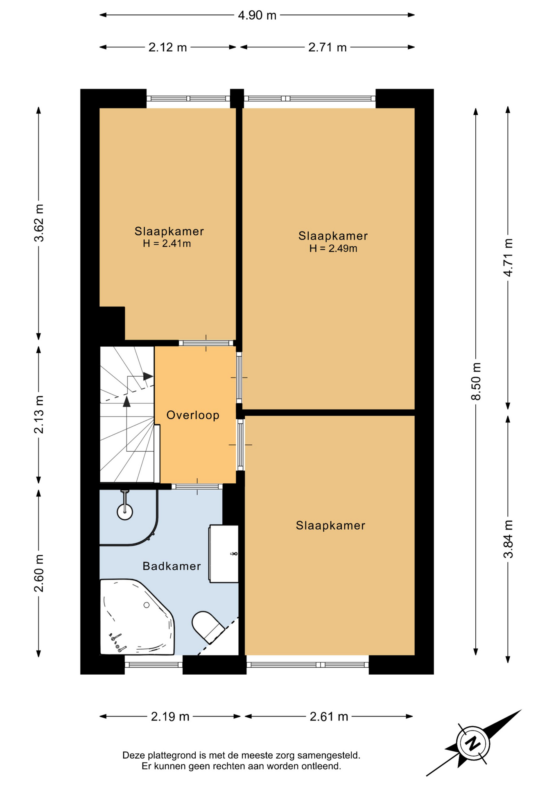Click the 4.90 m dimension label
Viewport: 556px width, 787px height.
[x=257, y=15]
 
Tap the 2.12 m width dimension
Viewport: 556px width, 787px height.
[x=167, y=47]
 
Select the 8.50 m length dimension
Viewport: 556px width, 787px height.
[x=476, y=381]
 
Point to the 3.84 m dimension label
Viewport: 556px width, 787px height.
[x=508, y=539]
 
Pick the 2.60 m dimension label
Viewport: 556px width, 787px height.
[x=39, y=573]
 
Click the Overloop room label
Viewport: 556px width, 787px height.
[x=193, y=415]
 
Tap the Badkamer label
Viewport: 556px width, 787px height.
[x=172, y=566]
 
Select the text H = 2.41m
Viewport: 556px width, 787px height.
[x=167, y=243]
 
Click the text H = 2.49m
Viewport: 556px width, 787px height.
[x=333, y=248]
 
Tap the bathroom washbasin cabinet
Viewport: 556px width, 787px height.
[x=224, y=553]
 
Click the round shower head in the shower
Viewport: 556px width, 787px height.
[x=125, y=512]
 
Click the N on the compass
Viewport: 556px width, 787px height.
[x=473, y=743]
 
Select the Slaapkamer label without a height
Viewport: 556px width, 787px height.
[x=330, y=525]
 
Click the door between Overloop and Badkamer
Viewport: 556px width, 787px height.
[x=197, y=487]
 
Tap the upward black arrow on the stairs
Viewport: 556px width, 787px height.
[x=127, y=402]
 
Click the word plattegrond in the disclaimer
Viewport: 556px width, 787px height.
[x=172, y=755]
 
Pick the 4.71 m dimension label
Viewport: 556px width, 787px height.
[x=508, y=257]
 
